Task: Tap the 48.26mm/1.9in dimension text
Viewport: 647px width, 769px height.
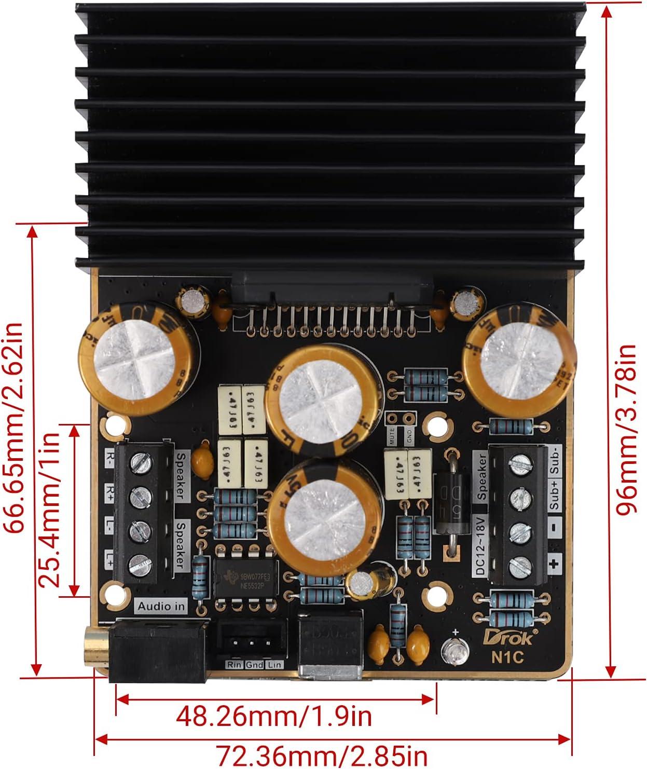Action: point(274,717)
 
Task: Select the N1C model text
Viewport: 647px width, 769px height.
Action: point(507,657)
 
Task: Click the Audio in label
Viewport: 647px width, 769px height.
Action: point(161,606)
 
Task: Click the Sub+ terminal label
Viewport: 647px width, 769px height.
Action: point(554,493)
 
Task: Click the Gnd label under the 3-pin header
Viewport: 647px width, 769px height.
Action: point(254,665)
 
